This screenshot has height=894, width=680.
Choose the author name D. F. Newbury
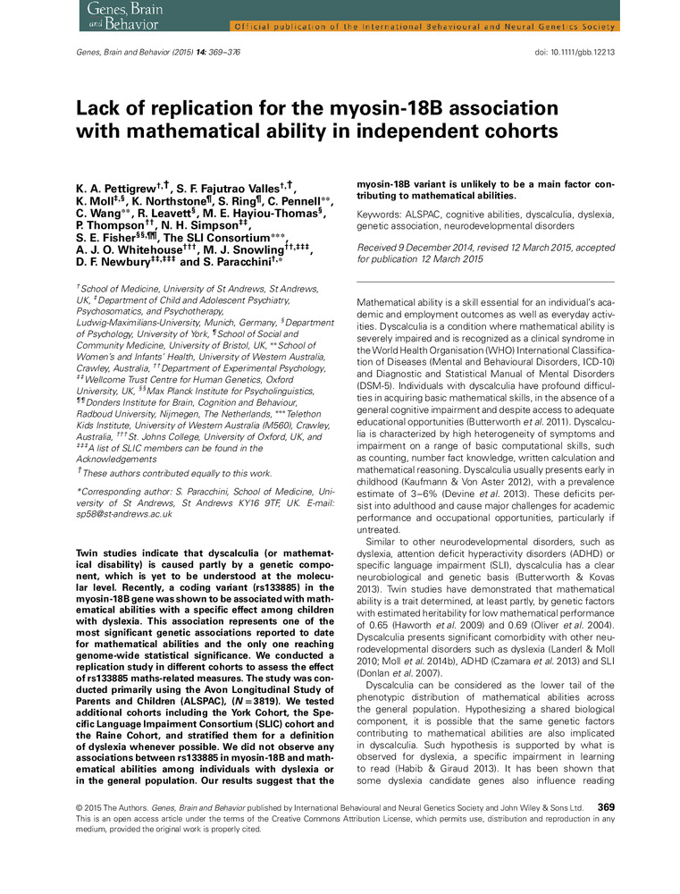[x=116, y=265]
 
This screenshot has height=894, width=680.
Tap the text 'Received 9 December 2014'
[x=418, y=249]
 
